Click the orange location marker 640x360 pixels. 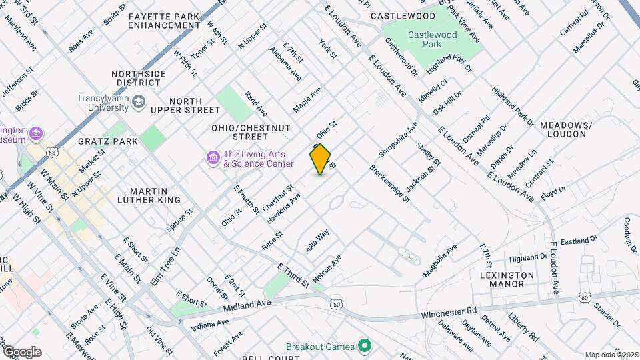(x=321, y=159)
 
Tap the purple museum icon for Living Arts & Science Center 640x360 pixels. (x=213, y=158)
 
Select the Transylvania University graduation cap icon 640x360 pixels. (x=139, y=102)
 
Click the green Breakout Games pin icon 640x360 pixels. (x=364, y=346)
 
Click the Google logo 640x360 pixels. (x=22, y=351)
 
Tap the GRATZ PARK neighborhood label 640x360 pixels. (x=107, y=141)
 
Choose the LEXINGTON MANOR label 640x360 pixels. (x=507, y=279)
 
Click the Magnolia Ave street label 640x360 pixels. (x=441, y=261)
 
